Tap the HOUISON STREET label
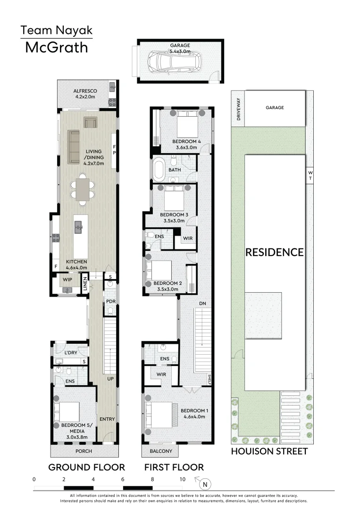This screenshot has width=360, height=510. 269,451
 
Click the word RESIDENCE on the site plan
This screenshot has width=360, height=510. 274,252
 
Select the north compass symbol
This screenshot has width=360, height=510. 204,484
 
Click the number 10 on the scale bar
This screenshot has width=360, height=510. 182,479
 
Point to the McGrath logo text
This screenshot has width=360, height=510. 56,47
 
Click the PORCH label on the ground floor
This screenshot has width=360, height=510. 84,451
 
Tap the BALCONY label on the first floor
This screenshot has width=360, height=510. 160,451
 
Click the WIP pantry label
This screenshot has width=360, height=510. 67,280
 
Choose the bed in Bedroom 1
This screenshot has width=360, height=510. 159,415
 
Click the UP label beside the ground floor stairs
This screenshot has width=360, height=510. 110,379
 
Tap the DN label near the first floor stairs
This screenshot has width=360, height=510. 203,303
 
